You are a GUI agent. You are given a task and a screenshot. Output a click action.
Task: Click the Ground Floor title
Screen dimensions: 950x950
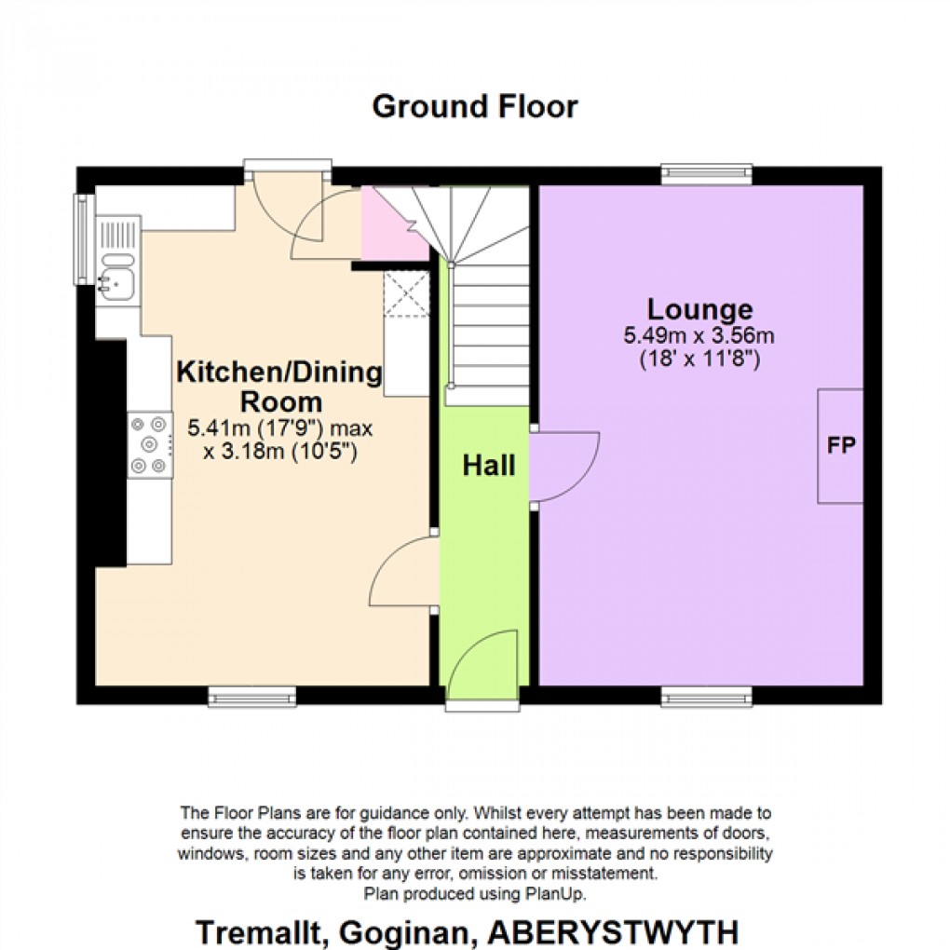[x=474, y=107]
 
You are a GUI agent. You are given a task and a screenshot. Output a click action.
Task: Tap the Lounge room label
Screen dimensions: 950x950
[x=700, y=309]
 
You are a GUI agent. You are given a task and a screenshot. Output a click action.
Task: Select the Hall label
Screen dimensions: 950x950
[x=489, y=466]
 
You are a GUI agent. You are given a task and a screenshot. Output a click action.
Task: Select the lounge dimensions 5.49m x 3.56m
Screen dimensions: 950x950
[x=700, y=336]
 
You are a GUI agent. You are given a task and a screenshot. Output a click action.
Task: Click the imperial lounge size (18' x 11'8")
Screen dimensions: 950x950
[x=700, y=359]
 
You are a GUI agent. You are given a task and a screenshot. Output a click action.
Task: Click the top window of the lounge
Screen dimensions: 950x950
[x=707, y=170]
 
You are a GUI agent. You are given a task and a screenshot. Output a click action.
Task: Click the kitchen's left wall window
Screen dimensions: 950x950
[x=83, y=239]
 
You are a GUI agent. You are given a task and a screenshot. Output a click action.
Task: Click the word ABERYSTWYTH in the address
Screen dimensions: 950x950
[x=635, y=931]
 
